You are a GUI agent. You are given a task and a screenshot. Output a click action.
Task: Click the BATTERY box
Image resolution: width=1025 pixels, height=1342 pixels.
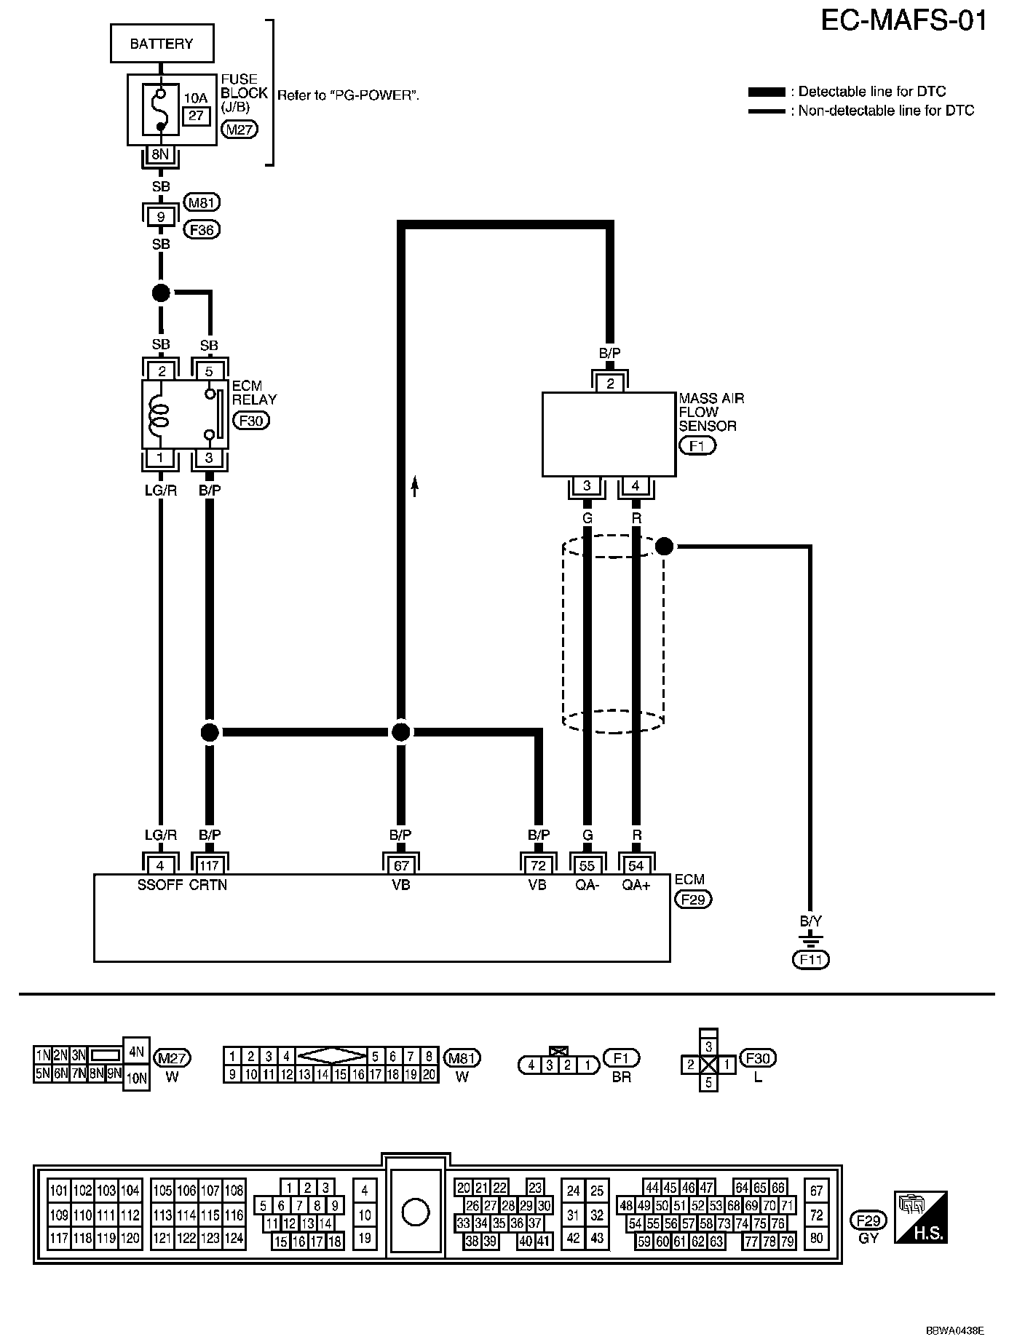(x=162, y=44)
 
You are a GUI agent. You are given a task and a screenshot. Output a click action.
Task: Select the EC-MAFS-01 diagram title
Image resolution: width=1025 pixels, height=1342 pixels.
(x=904, y=20)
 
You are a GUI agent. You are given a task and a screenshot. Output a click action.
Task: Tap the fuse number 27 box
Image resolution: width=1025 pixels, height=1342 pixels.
(x=196, y=116)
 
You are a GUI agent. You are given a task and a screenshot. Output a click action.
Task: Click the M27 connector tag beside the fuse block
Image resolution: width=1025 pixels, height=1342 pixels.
(x=239, y=130)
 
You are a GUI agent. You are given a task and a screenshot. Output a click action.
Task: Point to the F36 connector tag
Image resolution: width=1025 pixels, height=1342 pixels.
(x=202, y=230)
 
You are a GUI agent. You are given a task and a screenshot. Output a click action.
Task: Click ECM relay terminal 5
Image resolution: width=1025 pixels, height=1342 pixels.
(x=209, y=371)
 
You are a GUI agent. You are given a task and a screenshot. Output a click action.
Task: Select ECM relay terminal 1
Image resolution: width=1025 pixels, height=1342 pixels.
(x=161, y=458)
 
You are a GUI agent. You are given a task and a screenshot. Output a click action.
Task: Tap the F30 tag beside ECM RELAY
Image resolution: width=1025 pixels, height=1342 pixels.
(x=251, y=421)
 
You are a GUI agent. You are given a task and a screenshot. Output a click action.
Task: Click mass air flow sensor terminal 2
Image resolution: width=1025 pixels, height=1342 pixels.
(x=611, y=384)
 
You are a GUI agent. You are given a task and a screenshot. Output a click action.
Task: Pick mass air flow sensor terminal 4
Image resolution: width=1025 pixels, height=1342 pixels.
(x=636, y=485)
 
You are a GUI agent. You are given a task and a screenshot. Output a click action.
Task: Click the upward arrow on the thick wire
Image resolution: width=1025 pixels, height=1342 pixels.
(x=415, y=485)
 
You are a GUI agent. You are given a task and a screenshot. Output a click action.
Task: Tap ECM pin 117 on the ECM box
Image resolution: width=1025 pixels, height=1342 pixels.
(x=209, y=865)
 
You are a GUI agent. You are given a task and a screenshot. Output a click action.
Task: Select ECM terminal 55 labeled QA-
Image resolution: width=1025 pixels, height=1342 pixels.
(x=587, y=865)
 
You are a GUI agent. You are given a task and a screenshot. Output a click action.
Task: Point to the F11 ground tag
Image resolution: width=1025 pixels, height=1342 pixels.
(x=810, y=960)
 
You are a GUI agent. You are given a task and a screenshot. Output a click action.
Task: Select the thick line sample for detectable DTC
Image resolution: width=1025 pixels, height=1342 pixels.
(x=767, y=92)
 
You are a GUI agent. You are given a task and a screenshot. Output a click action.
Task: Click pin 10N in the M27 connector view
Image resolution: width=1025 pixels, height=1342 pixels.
(x=137, y=1079)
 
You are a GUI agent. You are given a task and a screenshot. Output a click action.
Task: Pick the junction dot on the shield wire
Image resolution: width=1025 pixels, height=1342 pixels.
(x=664, y=546)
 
